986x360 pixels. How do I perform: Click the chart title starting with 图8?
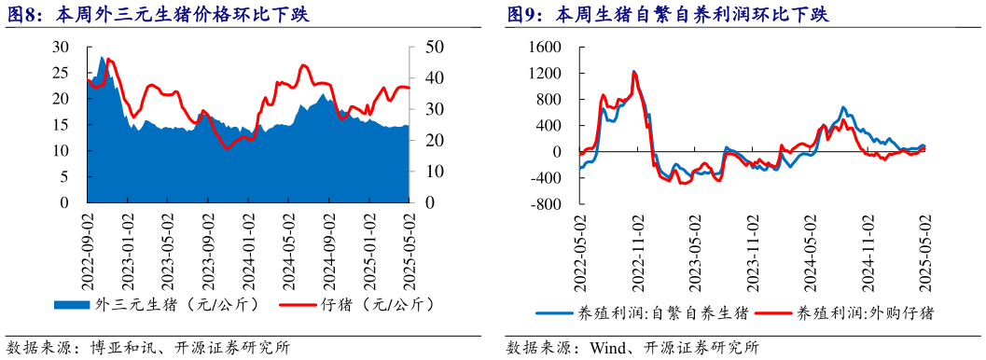point(159,15)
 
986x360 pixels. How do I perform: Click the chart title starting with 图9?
point(667,15)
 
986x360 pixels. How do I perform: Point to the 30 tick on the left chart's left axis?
point(61,47)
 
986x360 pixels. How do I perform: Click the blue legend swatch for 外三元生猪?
point(73,304)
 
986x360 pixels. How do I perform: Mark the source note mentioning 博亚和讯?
point(149,348)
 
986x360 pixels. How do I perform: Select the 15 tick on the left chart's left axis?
point(61,125)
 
